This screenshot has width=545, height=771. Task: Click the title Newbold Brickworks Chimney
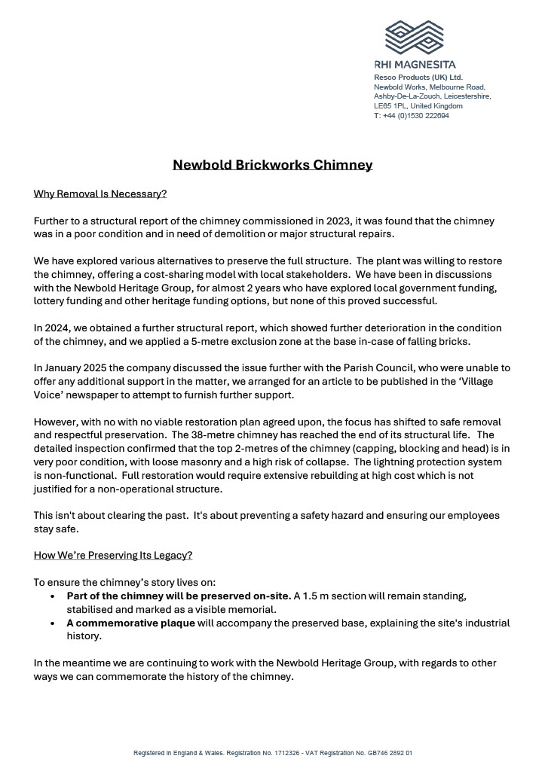[272, 164]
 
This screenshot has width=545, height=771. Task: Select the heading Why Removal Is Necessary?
[100, 194]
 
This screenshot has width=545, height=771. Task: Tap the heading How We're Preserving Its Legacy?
[113, 556]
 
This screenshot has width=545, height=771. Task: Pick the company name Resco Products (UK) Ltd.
[418, 78]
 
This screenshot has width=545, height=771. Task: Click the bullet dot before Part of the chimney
[51, 596]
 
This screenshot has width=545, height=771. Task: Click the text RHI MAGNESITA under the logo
[415, 65]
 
